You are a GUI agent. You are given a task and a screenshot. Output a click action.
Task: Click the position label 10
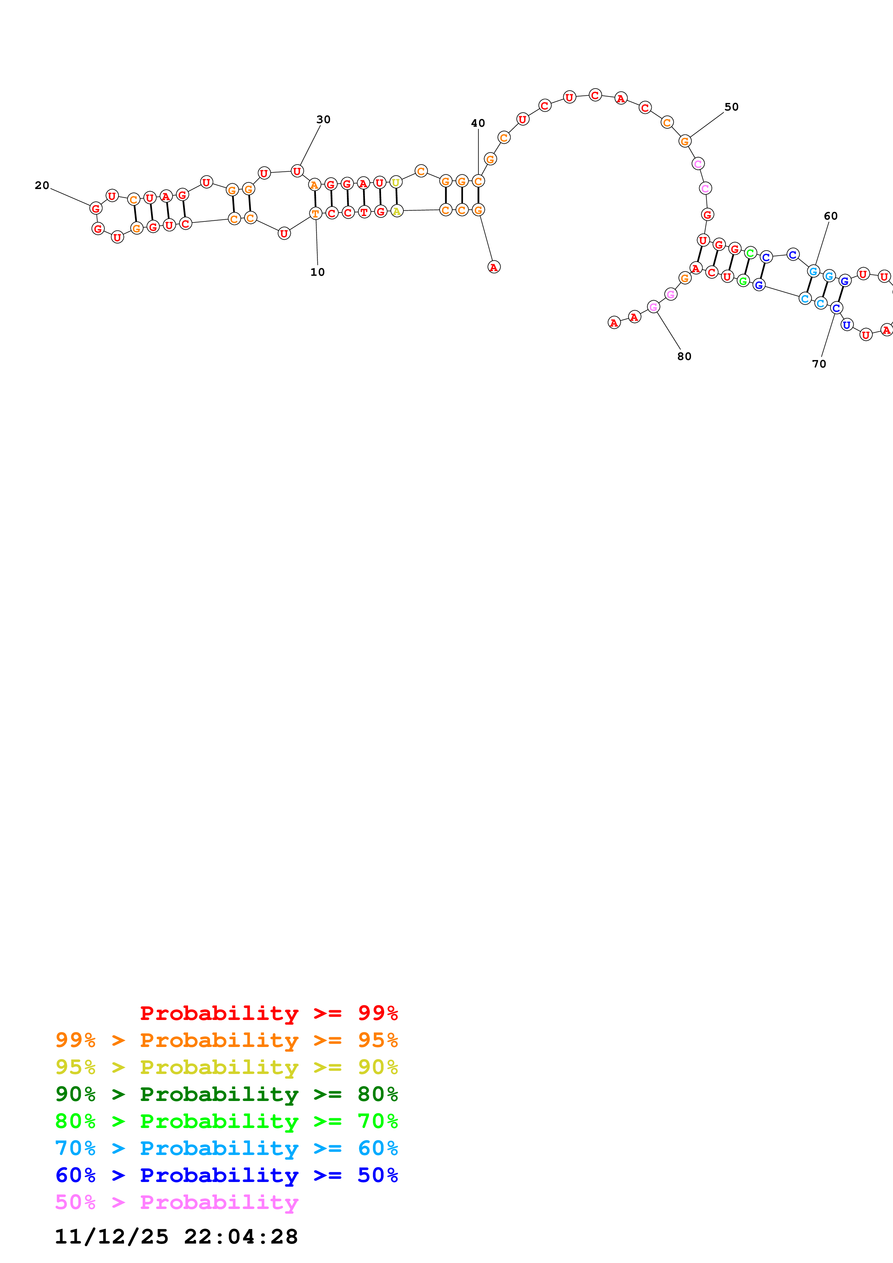(x=317, y=272)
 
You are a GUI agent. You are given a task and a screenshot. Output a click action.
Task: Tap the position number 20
(x=42, y=186)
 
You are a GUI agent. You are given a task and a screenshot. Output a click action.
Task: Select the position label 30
(x=323, y=120)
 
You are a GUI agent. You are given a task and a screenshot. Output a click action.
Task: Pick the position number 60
(x=831, y=216)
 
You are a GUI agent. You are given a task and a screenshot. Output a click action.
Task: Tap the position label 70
(x=819, y=364)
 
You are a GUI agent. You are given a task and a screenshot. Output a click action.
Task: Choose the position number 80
(x=684, y=356)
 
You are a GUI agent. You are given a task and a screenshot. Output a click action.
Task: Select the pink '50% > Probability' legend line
(x=177, y=1203)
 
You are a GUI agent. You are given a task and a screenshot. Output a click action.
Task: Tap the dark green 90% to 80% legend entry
(x=226, y=1094)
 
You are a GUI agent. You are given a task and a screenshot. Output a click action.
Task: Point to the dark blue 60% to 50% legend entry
(x=226, y=1175)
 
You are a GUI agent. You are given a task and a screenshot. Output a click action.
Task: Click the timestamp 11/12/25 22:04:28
(x=176, y=1237)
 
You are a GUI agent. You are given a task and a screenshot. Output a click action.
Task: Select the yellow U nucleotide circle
(x=396, y=182)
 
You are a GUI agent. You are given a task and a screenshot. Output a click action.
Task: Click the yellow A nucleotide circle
(x=397, y=211)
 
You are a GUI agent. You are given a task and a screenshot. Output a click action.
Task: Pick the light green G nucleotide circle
(x=743, y=282)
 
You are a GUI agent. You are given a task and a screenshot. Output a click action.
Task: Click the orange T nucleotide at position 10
(x=315, y=214)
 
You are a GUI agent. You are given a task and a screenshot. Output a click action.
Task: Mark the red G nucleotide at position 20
(x=96, y=208)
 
